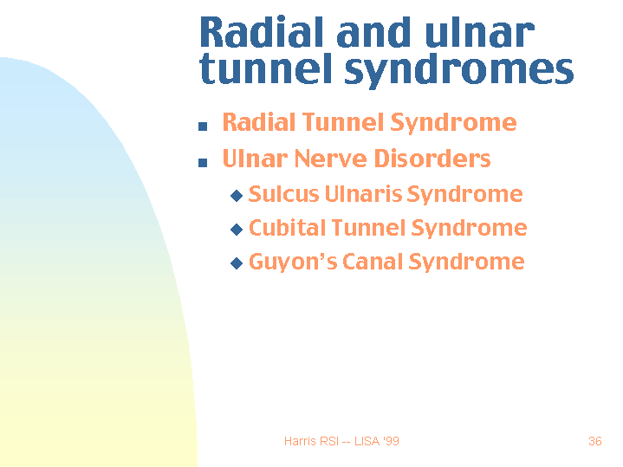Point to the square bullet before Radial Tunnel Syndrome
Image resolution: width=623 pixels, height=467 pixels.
[203, 126]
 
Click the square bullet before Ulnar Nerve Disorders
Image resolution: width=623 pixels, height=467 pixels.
[203, 162]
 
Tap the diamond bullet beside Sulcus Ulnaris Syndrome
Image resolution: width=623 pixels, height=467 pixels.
[237, 197]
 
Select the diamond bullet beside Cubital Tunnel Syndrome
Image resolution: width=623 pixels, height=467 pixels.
[237, 230]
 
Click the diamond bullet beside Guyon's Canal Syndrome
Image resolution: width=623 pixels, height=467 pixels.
[237, 264]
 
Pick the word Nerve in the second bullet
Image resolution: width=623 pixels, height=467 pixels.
[333, 159]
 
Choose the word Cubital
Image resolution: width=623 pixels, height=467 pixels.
[282, 228]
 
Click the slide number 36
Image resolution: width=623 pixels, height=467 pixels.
[594, 442]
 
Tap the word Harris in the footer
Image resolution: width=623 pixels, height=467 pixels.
[299, 442]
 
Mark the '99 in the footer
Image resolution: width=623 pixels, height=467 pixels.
[391, 442]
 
